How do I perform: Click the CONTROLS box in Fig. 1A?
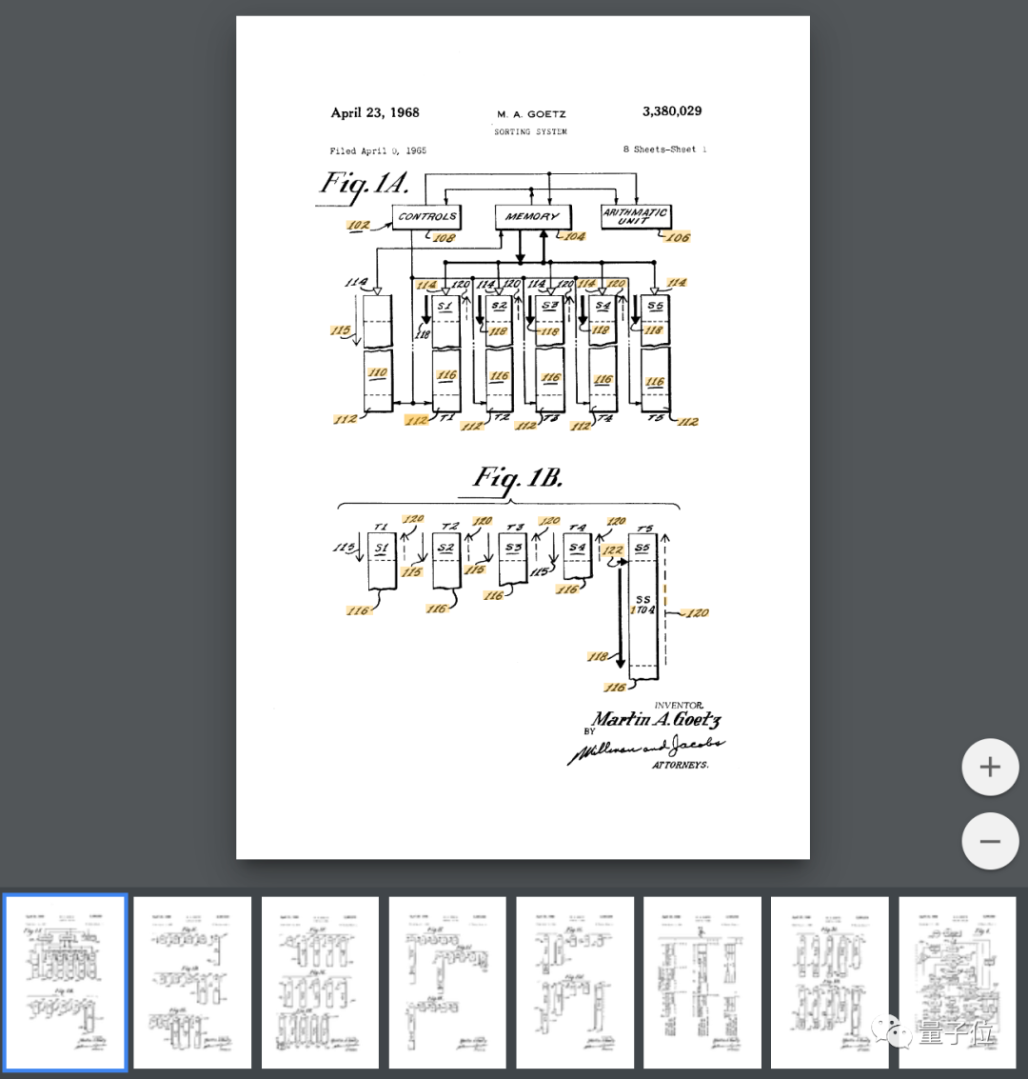(426, 217)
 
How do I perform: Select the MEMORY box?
(532, 217)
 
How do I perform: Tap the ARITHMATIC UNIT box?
(635, 216)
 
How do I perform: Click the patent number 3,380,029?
(672, 111)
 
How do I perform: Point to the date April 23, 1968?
(375, 112)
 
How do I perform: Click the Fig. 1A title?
(365, 183)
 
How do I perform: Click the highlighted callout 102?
(358, 226)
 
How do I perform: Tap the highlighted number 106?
(678, 237)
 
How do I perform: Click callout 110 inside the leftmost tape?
(378, 372)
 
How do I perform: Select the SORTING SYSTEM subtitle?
(530, 131)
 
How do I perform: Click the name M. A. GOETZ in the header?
(531, 114)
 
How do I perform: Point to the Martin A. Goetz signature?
(657, 720)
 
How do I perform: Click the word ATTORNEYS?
(680, 765)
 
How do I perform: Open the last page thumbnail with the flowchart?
(957, 982)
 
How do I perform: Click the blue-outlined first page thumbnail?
(65, 982)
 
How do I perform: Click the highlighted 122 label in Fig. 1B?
(613, 550)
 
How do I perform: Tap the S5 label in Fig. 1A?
(655, 307)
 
